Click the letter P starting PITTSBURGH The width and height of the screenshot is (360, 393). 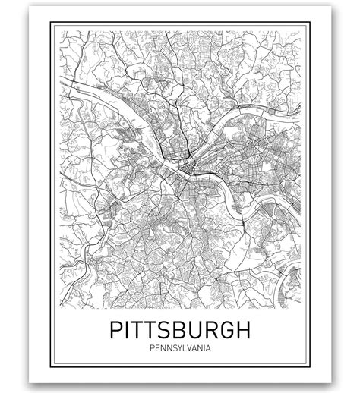[x=117, y=330]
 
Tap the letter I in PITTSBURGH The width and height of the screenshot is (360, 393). [x=129, y=330]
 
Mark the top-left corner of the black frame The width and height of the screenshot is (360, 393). [x=51, y=23]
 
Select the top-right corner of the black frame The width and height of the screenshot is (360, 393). [x=310, y=23]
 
